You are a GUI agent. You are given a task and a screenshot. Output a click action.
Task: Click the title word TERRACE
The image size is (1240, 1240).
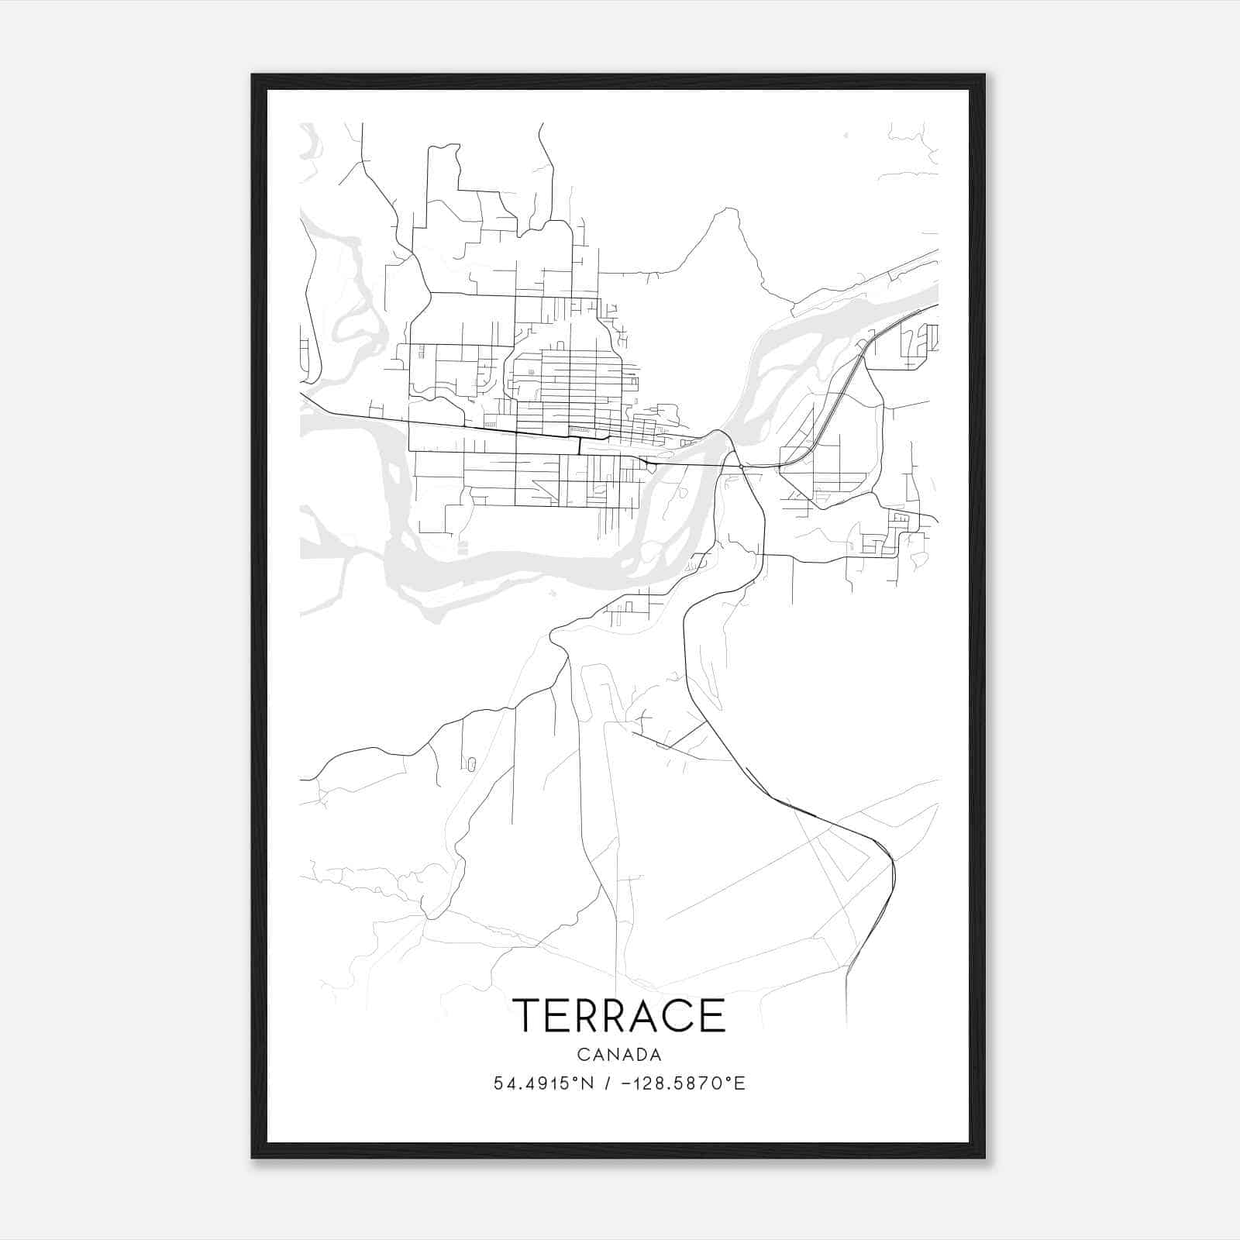coord(618,1015)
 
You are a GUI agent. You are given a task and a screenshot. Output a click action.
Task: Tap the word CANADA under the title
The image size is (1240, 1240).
coord(618,1055)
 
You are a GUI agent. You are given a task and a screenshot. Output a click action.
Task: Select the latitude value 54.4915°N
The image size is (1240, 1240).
coord(543,1083)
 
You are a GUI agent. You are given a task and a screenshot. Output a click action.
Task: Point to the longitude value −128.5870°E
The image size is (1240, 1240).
coord(680,1083)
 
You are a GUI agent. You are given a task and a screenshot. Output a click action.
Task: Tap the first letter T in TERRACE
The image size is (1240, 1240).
coord(527,1015)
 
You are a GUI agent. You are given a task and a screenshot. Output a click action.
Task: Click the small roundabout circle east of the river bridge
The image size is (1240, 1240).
coord(742,467)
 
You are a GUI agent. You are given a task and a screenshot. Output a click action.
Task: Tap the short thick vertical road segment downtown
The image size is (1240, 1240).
coord(580,446)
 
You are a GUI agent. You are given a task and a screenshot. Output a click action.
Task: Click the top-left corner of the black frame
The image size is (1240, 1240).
coord(253,75)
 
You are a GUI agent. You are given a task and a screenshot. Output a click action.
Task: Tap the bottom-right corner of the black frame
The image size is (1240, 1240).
coord(984,1157)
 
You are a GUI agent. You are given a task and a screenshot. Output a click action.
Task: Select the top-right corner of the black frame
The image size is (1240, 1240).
coord(984,75)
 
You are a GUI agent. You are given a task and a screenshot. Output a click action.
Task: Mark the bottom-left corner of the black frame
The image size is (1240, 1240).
coord(253,1157)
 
